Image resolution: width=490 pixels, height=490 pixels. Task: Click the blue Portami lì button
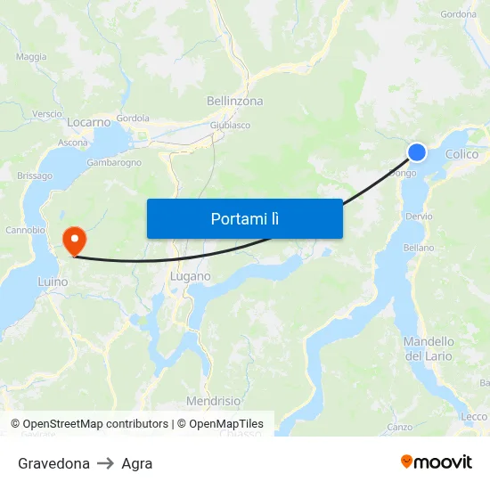coord(244,218)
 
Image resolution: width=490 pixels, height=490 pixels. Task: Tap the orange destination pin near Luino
coord(73,239)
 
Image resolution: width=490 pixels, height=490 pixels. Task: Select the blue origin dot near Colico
coord(416,153)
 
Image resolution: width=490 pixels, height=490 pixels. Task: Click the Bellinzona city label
coord(232,102)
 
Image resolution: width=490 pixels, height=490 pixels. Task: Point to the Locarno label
coord(88,122)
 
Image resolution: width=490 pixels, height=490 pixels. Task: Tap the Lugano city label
coord(190,276)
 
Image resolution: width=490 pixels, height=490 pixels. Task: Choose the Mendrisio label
coord(213,401)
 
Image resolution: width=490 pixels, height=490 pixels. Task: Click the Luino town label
coord(53,282)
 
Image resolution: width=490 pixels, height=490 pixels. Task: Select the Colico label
coord(461,154)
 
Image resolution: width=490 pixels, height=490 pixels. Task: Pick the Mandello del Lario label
coord(429,348)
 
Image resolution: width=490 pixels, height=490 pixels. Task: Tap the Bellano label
coord(419,248)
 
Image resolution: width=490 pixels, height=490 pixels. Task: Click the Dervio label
coord(418,216)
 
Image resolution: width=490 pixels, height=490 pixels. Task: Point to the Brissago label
coord(35,176)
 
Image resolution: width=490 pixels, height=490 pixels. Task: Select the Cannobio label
coord(26,230)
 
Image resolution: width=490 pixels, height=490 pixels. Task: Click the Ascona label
coord(73,143)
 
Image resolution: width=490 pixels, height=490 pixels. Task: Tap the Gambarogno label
coord(114,163)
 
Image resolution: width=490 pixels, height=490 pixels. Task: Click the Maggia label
coord(31,57)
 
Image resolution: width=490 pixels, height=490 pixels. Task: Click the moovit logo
coord(436,461)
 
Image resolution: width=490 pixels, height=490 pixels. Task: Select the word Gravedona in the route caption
coord(53,463)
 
